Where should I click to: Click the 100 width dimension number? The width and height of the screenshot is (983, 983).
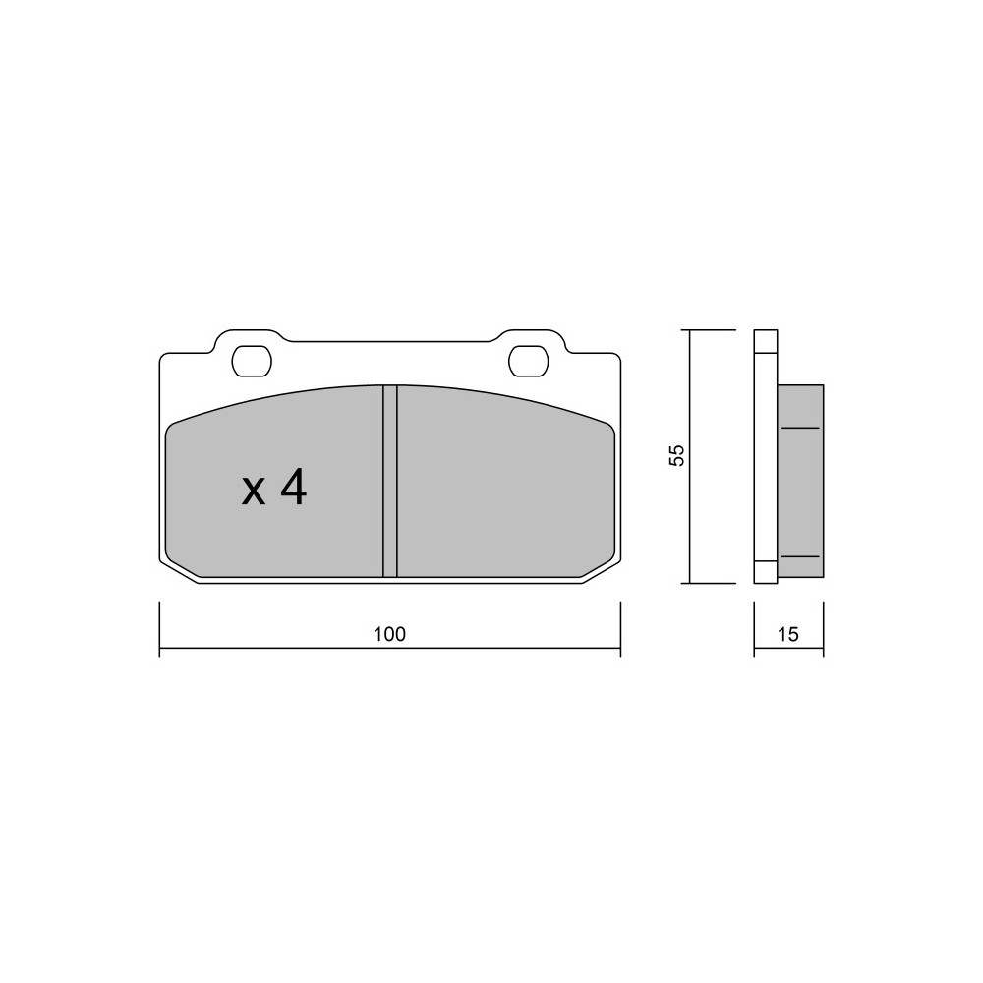390,634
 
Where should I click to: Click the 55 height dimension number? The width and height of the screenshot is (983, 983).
677,455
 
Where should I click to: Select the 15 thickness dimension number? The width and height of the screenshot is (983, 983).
788,634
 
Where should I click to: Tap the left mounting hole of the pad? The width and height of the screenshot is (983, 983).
252,361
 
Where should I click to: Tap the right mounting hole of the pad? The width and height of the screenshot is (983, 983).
529,361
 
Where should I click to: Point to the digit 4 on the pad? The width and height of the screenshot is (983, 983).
293,488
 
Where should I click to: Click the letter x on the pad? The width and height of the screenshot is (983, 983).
254,492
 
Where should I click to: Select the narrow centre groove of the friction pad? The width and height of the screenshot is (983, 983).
390,481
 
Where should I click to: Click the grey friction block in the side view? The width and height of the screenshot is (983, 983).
800,481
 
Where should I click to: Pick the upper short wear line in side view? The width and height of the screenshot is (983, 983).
800,428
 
